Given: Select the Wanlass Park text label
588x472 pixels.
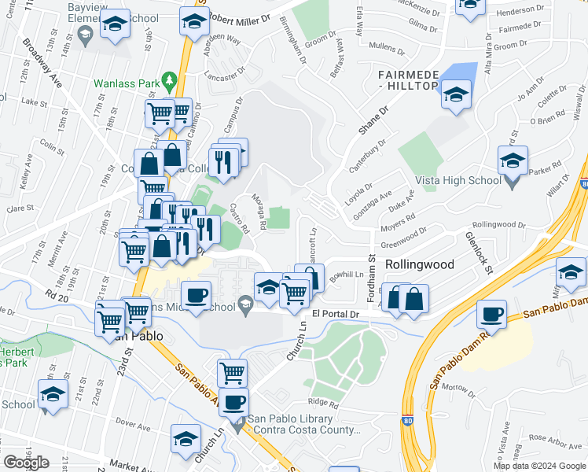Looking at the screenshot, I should pyautogui.click(x=126, y=82).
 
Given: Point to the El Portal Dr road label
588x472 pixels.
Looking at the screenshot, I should pyautogui.click(x=335, y=314).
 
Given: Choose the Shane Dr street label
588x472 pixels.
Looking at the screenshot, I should pyautogui.click(x=374, y=121).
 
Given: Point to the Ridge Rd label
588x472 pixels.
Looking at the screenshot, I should pyautogui.click(x=323, y=404).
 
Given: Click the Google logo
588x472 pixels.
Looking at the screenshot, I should pyautogui.click(x=26, y=463).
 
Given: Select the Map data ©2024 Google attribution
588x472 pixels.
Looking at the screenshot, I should pyautogui.click(x=539, y=466).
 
